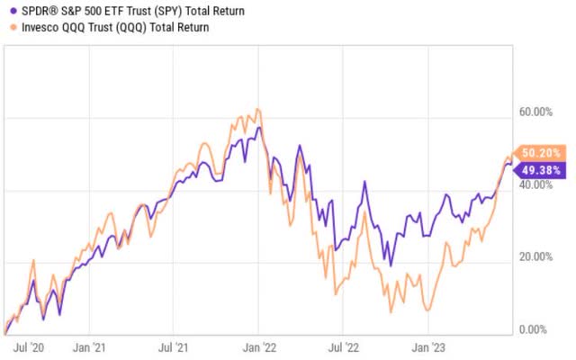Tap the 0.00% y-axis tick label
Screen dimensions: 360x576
[x=539, y=329]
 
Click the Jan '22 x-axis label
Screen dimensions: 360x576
[x=258, y=345]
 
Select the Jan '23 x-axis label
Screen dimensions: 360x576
[x=425, y=345]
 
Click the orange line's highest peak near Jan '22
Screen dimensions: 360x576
[x=258, y=110]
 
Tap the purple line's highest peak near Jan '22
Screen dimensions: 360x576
[x=259, y=128]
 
